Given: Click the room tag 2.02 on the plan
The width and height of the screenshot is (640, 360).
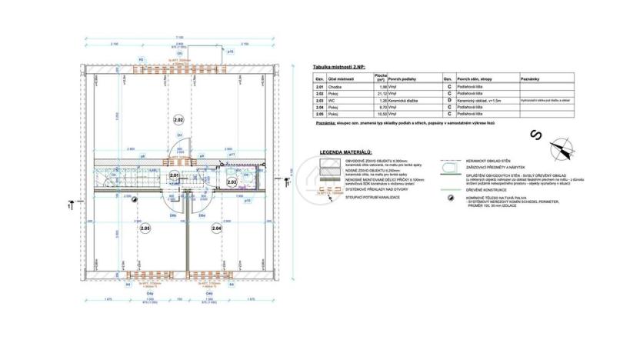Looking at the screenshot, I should (x=178, y=121).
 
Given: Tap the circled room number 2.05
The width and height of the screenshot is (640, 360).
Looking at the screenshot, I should (x=145, y=228).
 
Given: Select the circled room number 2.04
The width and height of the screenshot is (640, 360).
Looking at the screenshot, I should (x=216, y=228).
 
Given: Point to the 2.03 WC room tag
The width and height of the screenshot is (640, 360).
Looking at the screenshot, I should (x=232, y=182).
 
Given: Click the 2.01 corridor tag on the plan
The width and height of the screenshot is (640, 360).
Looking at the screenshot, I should (x=174, y=176).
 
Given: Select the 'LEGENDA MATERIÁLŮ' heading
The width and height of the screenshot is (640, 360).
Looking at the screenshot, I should (x=346, y=153).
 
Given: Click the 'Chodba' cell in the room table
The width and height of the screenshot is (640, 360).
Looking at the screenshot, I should (x=335, y=88).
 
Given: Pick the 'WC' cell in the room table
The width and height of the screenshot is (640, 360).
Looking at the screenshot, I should (x=332, y=100).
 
